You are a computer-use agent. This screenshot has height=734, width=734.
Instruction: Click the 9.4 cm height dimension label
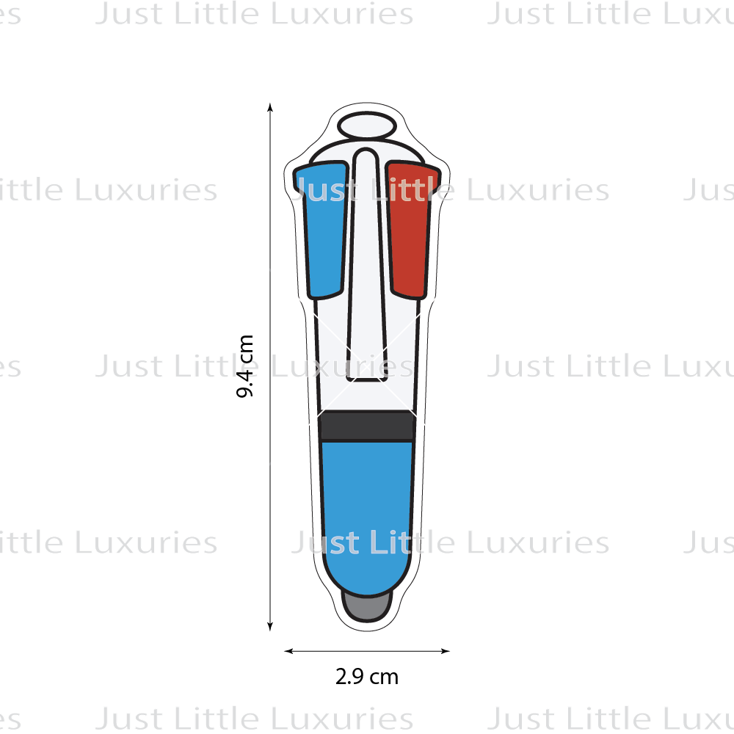245,366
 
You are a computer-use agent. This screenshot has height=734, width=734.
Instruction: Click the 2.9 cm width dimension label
366,677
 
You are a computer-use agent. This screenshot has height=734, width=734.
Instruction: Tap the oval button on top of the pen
367,126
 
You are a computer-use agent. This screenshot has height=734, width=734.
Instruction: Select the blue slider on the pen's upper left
322,229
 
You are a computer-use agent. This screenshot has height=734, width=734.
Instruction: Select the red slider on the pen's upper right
412,229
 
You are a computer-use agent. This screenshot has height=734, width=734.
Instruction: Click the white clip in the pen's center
367,264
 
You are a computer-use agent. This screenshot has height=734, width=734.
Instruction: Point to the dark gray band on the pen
367,426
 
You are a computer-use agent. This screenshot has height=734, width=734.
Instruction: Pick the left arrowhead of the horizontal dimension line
288,650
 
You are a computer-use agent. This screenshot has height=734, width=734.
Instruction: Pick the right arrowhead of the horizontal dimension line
446,650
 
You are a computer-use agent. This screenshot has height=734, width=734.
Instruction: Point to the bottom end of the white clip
367,379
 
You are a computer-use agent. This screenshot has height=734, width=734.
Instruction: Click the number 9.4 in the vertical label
245,379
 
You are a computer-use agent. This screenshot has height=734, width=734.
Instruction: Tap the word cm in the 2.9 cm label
384,678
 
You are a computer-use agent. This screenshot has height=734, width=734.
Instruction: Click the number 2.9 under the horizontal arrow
349,677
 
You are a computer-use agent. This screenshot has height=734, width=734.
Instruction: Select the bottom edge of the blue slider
325,296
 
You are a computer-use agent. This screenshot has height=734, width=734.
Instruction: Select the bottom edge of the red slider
409,296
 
